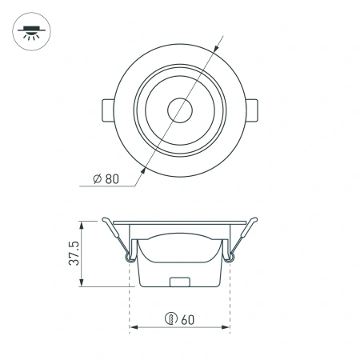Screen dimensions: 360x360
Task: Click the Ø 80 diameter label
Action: point(106,178)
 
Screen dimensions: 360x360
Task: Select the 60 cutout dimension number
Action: point(188,319)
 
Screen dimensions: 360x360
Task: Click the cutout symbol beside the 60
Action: point(170,319)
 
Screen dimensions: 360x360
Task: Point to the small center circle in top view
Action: point(179,110)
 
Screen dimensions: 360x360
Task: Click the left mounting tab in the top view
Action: point(109,110)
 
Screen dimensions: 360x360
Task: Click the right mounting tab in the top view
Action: point(250,110)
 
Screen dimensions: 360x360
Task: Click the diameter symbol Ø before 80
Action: point(97,178)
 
